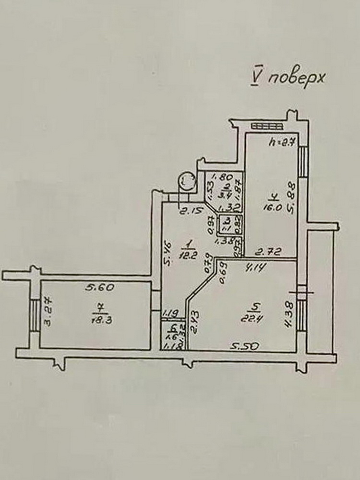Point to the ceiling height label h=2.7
click(x=280, y=142)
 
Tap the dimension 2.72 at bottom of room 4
click(x=268, y=251)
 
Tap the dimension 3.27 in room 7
click(x=48, y=312)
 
